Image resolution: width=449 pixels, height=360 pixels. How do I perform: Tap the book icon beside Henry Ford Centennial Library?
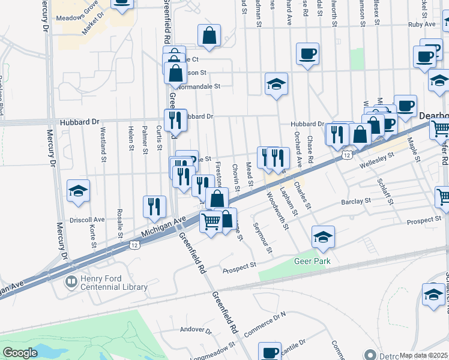click(x=71, y=281)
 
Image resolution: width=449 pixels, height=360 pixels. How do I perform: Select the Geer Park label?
click(x=309, y=261)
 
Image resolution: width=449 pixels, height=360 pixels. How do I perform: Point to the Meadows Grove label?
click(x=77, y=19)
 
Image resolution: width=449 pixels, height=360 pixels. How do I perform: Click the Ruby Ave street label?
click(x=421, y=25)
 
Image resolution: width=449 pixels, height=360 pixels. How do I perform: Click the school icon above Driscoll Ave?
click(x=79, y=192)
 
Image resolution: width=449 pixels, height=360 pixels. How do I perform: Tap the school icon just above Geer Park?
click(x=323, y=238)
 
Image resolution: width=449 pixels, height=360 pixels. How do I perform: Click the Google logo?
click(x=20, y=353)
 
